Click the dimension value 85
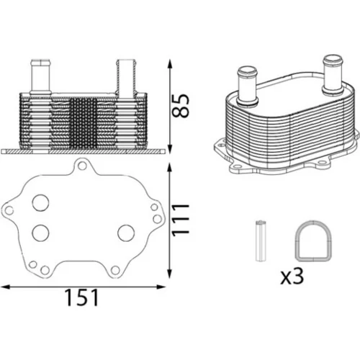(181, 106)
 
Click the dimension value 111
(181, 220)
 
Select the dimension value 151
(82, 297)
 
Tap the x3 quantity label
(292, 276)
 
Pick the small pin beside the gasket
(261, 240)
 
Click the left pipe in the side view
(40, 76)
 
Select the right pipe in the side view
(126, 77)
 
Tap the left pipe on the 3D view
(247, 86)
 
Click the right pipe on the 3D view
(333, 74)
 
